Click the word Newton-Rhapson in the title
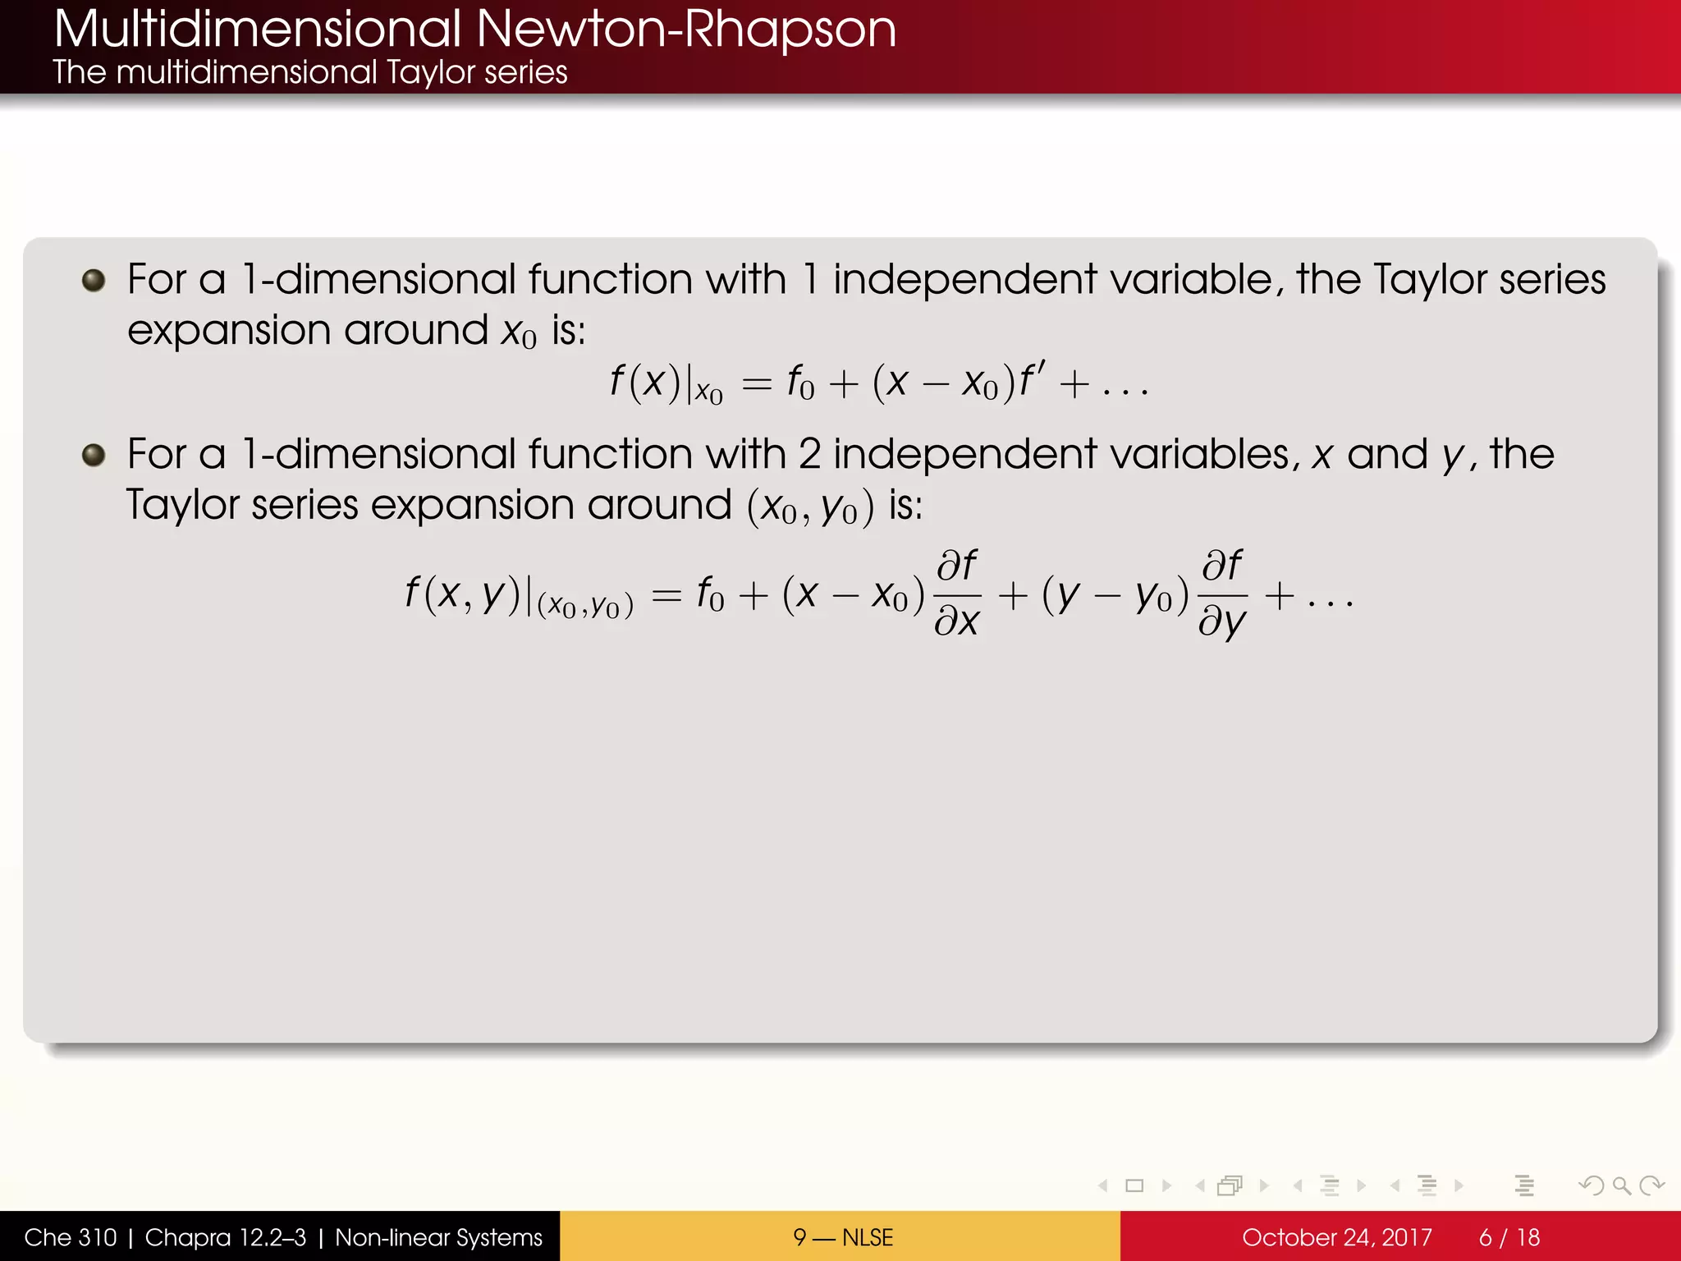point(685,30)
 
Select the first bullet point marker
point(94,281)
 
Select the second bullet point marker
point(94,455)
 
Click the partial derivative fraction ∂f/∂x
point(957,593)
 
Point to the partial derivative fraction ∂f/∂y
point(1222,593)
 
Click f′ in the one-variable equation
point(1032,380)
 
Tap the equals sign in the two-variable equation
point(666,595)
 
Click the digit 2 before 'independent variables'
point(809,455)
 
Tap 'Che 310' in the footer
point(71,1237)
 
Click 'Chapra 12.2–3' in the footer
point(225,1237)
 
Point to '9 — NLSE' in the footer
point(842,1237)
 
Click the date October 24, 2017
point(1336,1237)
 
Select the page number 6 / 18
point(1509,1237)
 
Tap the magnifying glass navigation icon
point(1621,1185)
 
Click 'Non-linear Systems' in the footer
point(438,1237)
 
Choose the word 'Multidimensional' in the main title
point(258,30)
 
